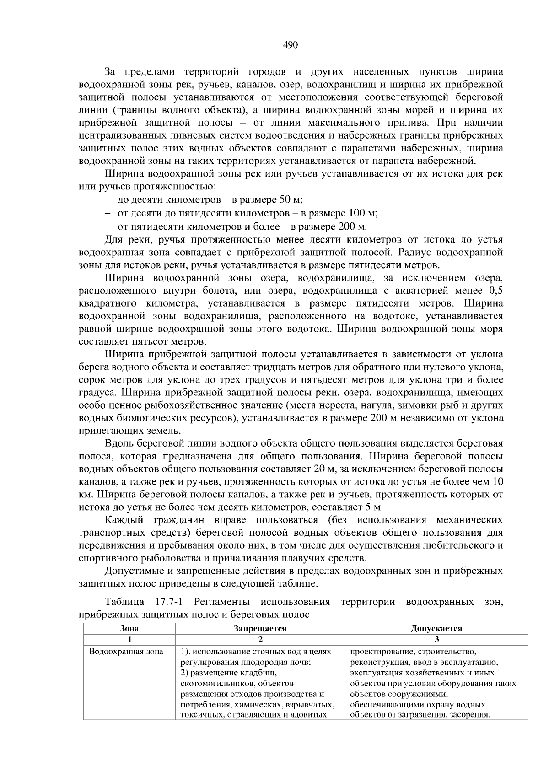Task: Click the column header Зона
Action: click(x=129, y=628)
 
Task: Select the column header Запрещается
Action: click(x=260, y=628)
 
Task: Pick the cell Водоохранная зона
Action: click(x=126, y=652)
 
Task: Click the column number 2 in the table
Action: click(x=260, y=639)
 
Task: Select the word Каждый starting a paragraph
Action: click(x=124, y=520)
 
